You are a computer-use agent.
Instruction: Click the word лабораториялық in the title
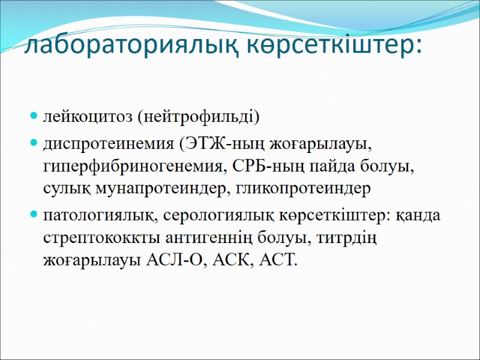click(125, 46)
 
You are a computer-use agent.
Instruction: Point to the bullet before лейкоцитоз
click(34, 116)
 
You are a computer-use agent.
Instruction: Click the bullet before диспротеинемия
click(34, 145)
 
